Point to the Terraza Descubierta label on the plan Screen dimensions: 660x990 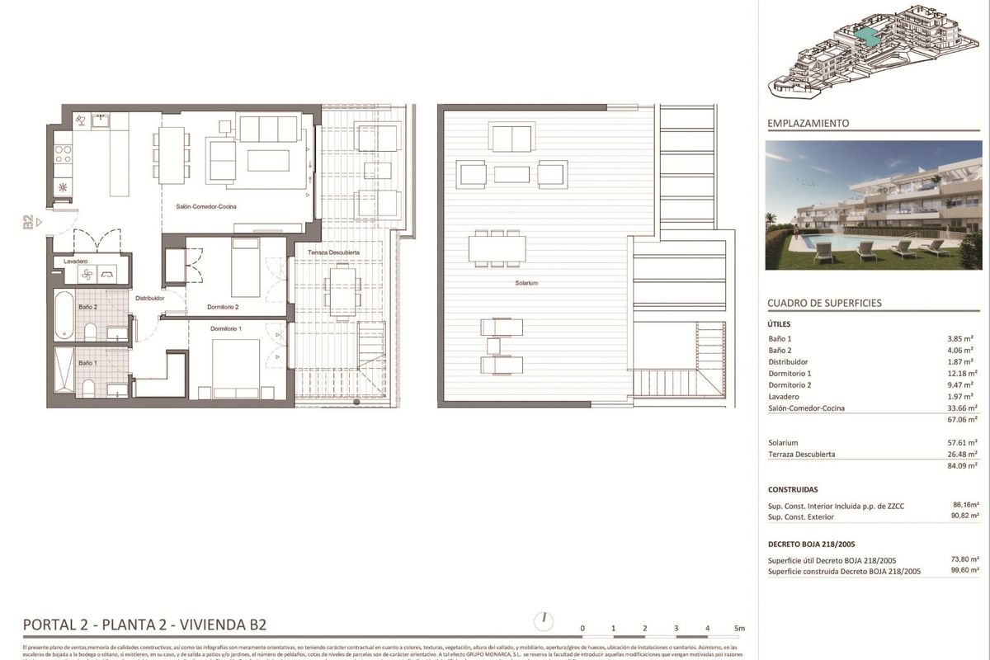(333, 252)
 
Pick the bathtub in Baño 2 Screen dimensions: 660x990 (64, 314)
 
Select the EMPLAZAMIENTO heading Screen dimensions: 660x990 (808, 124)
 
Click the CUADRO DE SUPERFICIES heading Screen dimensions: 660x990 (824, 303)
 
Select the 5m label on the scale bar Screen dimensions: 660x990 (739, 629)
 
